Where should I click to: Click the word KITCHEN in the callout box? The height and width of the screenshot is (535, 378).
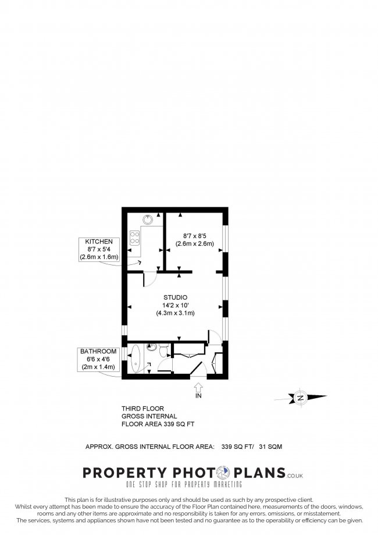click(99, 242)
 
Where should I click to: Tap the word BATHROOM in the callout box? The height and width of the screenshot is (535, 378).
click(98, 352)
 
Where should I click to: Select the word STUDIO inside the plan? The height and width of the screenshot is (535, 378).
click(175, 298)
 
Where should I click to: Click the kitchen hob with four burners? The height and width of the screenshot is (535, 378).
click(134, 238)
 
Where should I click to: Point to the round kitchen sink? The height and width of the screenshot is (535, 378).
click(148, 220)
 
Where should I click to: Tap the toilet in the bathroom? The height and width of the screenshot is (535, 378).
click(163, 349)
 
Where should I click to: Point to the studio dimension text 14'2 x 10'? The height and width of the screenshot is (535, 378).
click(175, 306)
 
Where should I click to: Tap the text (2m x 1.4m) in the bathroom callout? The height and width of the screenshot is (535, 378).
click(98, 367)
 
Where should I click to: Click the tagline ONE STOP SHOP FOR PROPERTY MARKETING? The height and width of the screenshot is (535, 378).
click(185, 484)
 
